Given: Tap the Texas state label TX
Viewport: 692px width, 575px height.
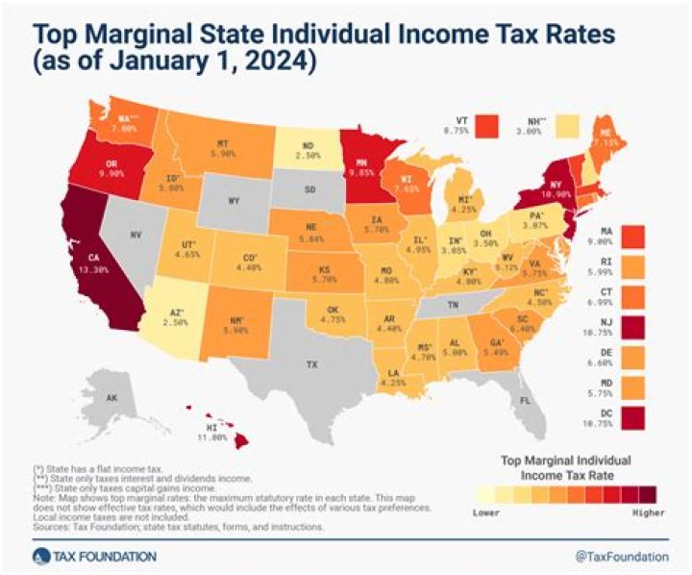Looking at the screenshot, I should point(310,365).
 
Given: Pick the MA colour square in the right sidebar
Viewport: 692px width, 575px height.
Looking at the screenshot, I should point(634,236).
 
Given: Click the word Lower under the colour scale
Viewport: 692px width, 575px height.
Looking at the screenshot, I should point(487,512).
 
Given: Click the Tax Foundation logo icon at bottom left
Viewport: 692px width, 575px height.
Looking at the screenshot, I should point(38,556).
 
